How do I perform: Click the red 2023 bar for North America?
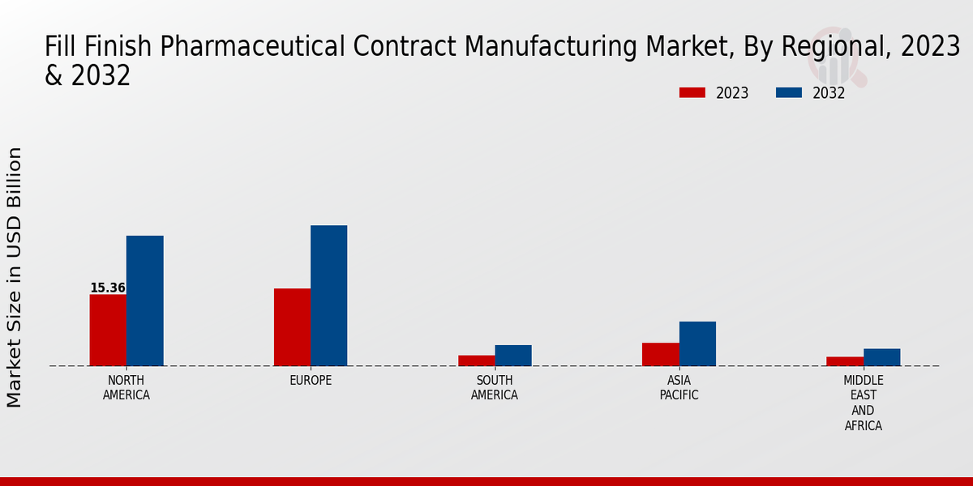(108, 330)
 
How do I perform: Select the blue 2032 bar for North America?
(144, 301)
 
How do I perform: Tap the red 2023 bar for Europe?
(292, 327)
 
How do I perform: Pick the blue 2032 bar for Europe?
(328, 296)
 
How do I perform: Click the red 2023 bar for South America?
(477, 360)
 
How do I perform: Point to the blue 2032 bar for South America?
(513, 356)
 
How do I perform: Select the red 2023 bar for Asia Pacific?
(661, 354)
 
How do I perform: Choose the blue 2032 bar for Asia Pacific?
(697, 343)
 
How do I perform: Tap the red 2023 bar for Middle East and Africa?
(845, 361)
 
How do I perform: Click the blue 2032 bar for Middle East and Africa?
(881, 357)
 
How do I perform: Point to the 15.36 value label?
(108, 288)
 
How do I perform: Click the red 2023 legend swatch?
(692, 92)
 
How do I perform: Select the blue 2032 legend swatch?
(788, 92)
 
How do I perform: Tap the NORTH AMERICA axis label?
(126, 388)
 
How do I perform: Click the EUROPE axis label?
(311, 381)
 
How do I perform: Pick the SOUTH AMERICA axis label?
(495, 388)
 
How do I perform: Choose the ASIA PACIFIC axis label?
(679, 388)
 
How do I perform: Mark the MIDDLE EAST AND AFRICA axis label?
(864, 403)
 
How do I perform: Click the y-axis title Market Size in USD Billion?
(15, 277)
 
